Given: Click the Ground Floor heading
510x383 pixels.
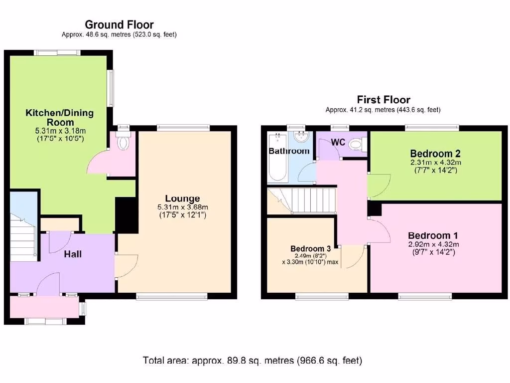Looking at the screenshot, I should click(x=119, y=24).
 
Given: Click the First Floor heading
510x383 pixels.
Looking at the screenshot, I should click(x=383, y=100).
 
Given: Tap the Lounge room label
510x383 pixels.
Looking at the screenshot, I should click(x=183, y=198).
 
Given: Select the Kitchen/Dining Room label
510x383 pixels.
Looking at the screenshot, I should click(x=59, y=118).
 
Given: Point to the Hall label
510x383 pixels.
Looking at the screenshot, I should click(x=72, y=254).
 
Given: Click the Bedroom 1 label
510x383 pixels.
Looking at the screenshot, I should click(x=433, y=235).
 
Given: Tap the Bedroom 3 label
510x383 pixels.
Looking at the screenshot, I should click(x=311, y=248).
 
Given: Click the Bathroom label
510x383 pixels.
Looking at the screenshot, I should click(x=289, y=151).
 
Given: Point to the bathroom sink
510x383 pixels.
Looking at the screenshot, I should click(x=301, y=137).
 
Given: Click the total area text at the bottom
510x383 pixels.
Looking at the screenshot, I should click(x=252, y=360).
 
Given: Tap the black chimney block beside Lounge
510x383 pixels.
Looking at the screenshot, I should click(x=126, y=214).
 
